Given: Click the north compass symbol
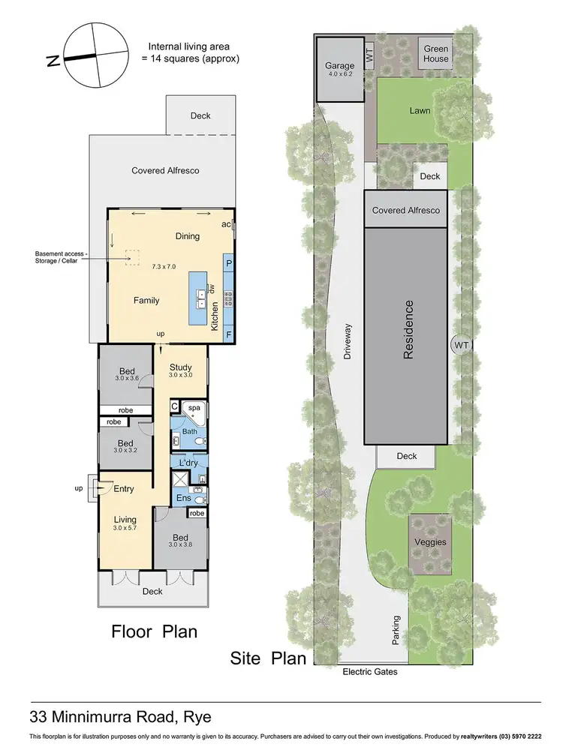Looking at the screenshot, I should (94, 55).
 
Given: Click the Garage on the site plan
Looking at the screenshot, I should (339, 70).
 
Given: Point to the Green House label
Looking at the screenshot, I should (435, 53).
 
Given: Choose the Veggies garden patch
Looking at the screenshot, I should (431, 541).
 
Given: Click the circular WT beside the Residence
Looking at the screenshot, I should (461, 346).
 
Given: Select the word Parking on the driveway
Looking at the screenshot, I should (396, 630).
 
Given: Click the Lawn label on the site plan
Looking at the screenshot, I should (420, 110).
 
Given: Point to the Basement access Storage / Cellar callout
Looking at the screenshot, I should (62, 257).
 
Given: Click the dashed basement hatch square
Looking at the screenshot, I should (134, 257).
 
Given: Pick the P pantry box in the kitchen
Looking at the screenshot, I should (228, 264).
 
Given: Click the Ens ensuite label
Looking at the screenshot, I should (182, 497).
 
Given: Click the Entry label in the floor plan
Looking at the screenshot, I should (123, 489).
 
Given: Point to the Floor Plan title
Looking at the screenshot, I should (154, 631).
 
